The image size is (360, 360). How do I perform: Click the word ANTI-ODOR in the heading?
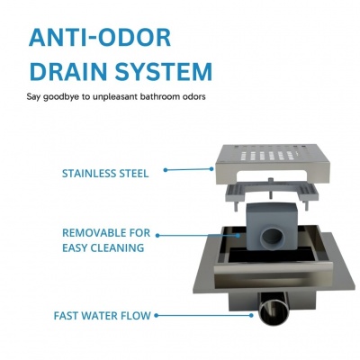pos(100,38)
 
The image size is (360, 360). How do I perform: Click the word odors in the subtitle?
pos(194,96)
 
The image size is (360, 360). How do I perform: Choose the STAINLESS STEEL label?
pos(105,174)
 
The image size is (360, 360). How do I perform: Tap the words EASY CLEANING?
pos(103,247)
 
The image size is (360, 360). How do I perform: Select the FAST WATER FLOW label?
pos(102,316)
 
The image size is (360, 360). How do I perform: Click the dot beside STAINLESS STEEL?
pos(166,170)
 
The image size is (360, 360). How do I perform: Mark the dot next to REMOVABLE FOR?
pos(157,236)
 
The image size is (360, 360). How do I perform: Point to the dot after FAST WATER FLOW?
pos(156,316)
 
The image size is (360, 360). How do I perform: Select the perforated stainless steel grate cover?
pos(273,164)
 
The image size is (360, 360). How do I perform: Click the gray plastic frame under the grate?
pos(272,193)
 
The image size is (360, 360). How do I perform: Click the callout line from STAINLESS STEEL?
pos(189,169)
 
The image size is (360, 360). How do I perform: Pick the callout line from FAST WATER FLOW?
pos(203,316)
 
